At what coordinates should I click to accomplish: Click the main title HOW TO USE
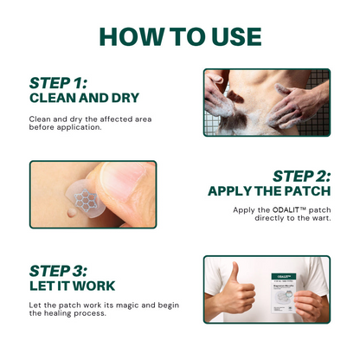pos(180,35)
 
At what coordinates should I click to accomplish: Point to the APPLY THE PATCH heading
pos(268,191)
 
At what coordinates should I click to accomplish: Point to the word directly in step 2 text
pos(275,218)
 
